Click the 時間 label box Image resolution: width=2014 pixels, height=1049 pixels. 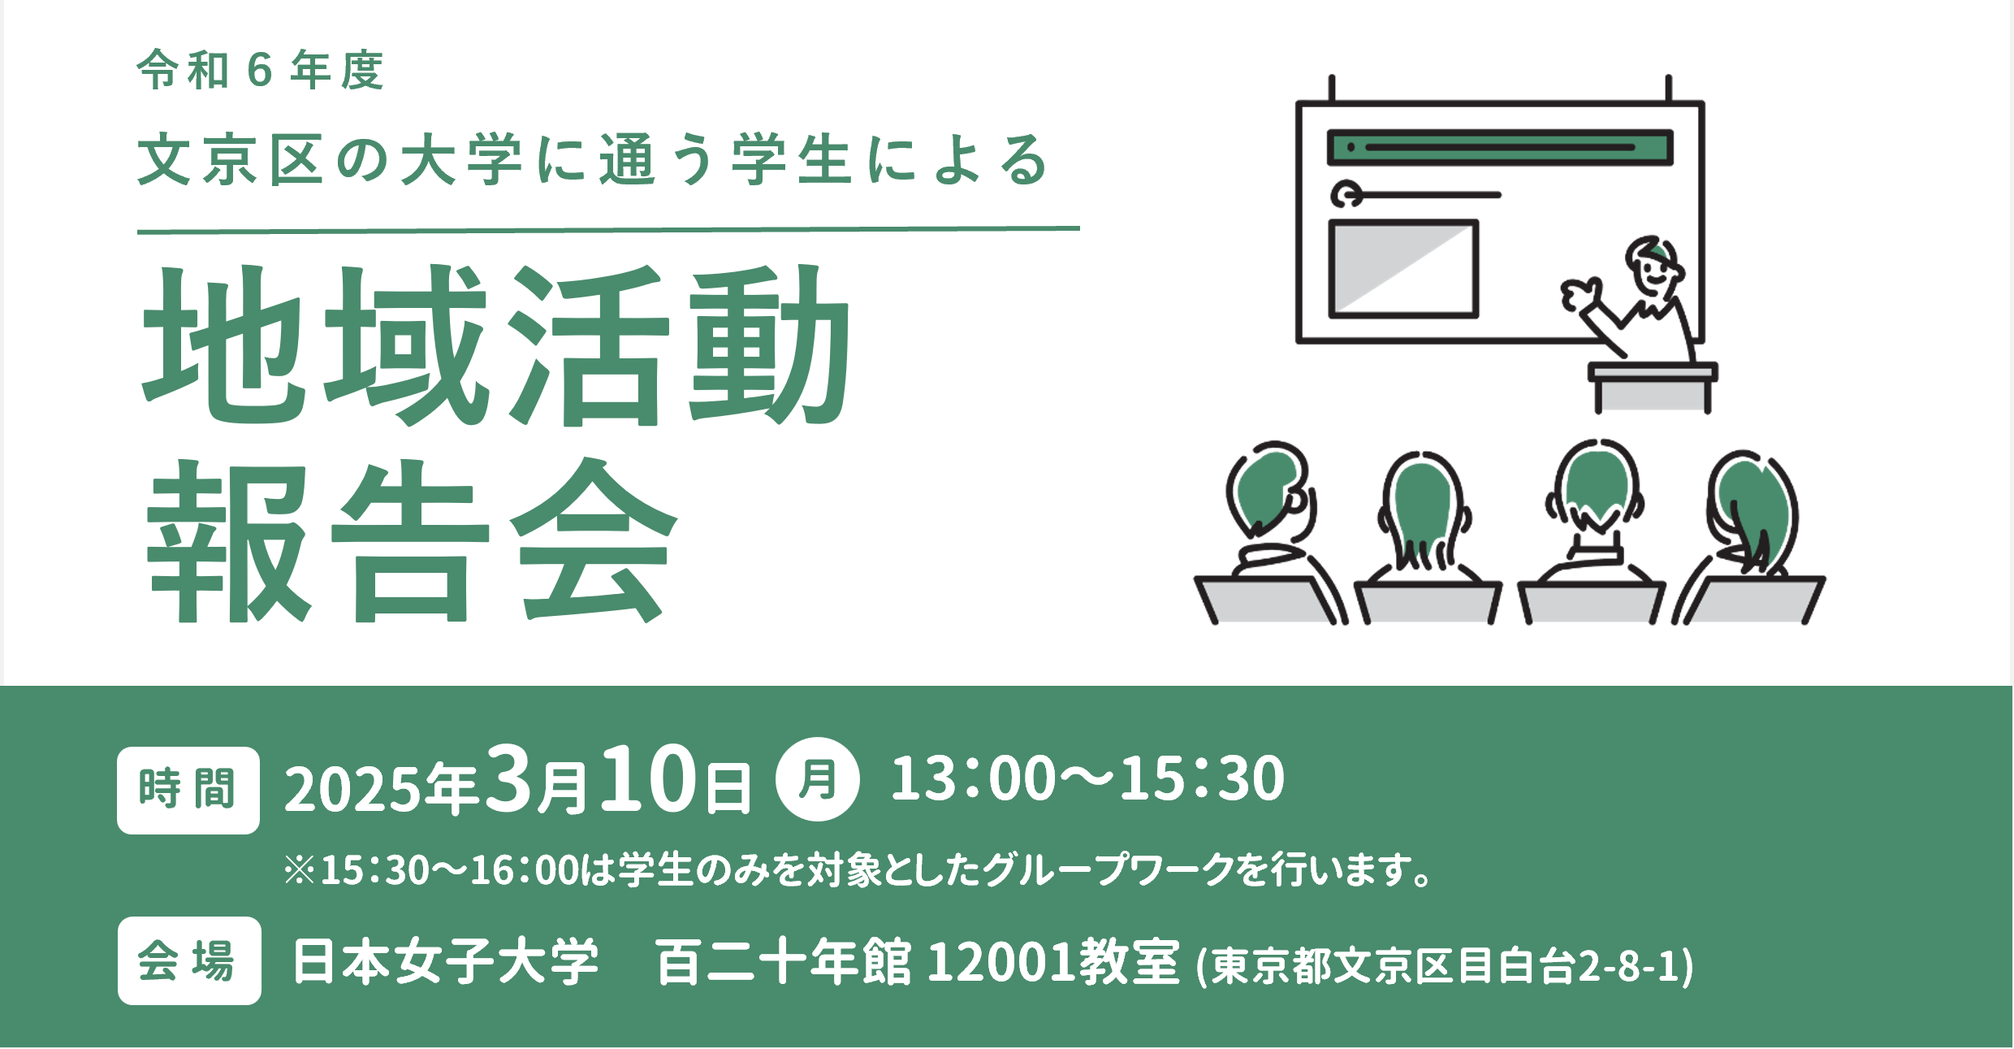coord(188,790)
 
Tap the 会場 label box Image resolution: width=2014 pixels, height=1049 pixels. coord(189,960)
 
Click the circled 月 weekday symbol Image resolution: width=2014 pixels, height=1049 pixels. coord(817,779)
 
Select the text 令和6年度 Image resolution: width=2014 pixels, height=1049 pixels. coord(261,70)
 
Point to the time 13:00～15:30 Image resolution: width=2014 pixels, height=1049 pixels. coord(1087,778)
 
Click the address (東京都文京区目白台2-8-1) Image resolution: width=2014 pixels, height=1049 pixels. coord(1445,965)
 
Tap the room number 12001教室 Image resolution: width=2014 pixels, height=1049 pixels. coord(1053,962)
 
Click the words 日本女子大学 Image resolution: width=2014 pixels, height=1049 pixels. coord(446,962)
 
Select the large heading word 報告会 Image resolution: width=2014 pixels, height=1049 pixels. coord(411,540)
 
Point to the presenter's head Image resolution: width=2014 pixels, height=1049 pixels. coord(1654,267)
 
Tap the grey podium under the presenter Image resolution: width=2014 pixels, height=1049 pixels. coord(1653,388)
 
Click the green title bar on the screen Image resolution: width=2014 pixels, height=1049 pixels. coord(1500,147)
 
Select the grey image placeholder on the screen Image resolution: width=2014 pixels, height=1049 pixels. coord(1403,268)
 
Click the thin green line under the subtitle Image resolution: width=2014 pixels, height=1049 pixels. coord(608,230)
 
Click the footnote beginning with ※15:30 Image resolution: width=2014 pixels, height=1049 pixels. coord(858,869)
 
